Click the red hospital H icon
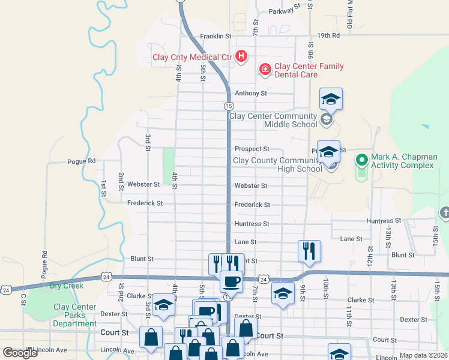click(x=241, y=57)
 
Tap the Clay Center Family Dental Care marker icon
click(x=264, y=70)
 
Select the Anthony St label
click(x=250, y=93)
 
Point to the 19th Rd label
click(x=329, y=35)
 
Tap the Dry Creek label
click(x=67, y=286)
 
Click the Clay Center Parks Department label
click(x=75, y=315)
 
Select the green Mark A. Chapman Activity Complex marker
click(x=361, y=160)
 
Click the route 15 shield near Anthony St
click(x=229, y=106)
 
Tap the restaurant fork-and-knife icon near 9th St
click(x=309, y=250)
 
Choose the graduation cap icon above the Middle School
click(x=330, y=98)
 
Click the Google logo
click(x=20, y=353)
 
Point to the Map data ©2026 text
click(x=423, y=355)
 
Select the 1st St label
click(x=103, y=188)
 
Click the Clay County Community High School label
click(x=277, y=164)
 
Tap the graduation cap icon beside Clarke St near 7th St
click(x=282, y=294)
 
